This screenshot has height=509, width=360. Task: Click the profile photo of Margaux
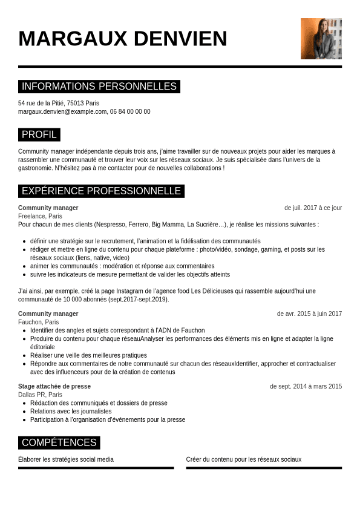[x=321, y=39]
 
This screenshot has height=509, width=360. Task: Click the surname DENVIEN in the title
[x=180, y=39]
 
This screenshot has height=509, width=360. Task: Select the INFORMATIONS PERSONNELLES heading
[x=99, y=87]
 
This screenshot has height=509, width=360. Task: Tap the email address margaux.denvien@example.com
[x=62, y=111]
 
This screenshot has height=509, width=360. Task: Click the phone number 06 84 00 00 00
[x=130, y=111]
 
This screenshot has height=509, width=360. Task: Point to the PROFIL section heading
[x=39, y=134]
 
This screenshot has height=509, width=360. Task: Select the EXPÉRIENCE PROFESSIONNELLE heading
[x=101, y=191]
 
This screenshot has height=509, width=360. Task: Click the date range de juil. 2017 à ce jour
[x=313, y=208]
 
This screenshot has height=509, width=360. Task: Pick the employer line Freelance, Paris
[x=40, y=216]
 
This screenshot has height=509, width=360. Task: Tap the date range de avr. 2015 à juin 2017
[x=309, y=314]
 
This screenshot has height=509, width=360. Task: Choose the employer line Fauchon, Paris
[x=39, y=322]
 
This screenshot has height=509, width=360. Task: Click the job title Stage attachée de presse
[x=54, y=386]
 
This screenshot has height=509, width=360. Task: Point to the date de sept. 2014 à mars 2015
[x=306, y=386]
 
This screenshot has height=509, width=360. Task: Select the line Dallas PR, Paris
[x=40, y=395]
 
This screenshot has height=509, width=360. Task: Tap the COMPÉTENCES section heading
[x=59, y=442]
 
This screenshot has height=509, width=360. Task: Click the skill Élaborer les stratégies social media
[x=66, y=459]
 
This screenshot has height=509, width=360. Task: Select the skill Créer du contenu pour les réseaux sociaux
[x=244, y=459]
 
